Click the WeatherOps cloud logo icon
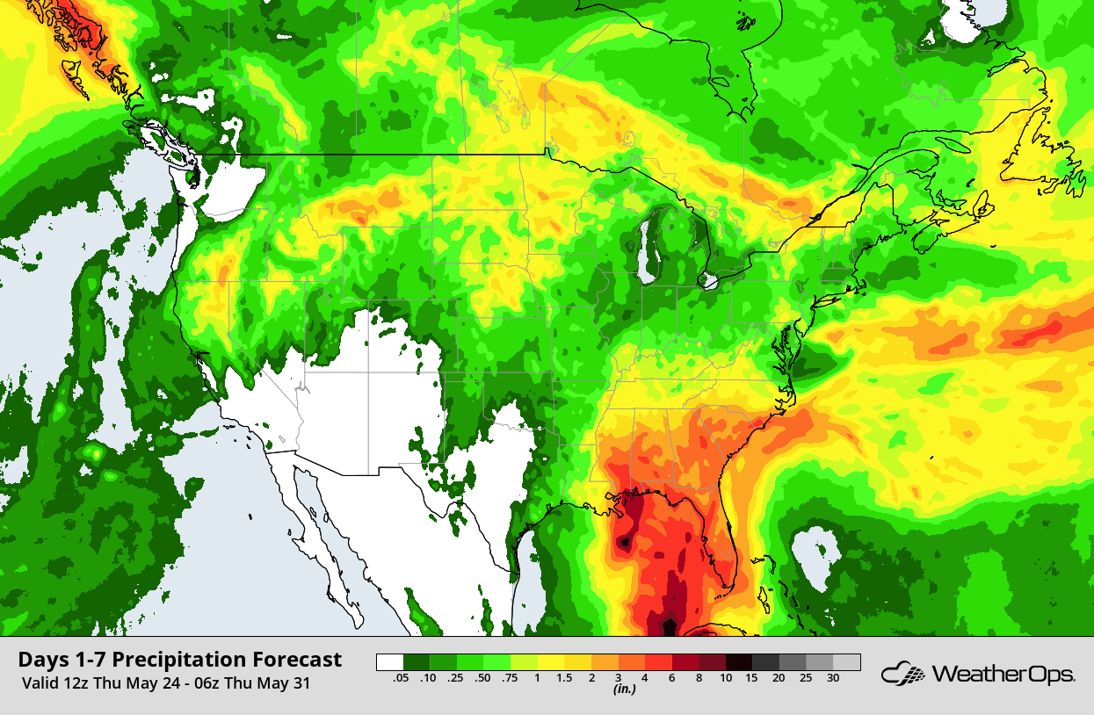coord(902,675)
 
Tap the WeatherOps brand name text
coord(1003,675)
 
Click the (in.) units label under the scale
coord(624,690)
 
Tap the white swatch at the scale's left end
coord(389,663)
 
